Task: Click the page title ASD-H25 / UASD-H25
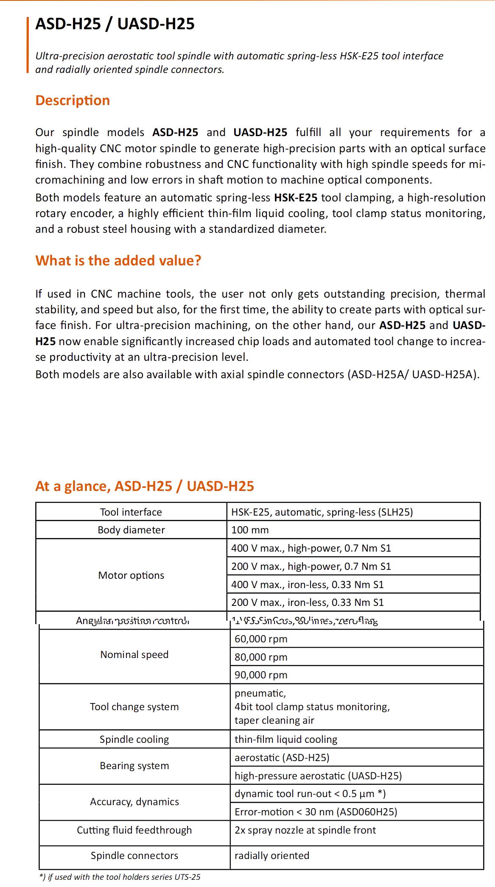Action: tap(115, 24)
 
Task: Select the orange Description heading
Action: tap(73, 100)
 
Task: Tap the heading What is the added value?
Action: tap(118, 260)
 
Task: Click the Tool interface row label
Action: tap(131, 512)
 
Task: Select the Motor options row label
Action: tap(131, 575)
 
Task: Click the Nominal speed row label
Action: tap(134, 655)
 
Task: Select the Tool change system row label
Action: tap(134, 707)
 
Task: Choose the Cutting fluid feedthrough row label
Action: tap(134, 830)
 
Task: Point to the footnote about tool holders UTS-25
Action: tap(120, 877)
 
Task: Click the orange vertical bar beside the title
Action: tap(28, 45)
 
